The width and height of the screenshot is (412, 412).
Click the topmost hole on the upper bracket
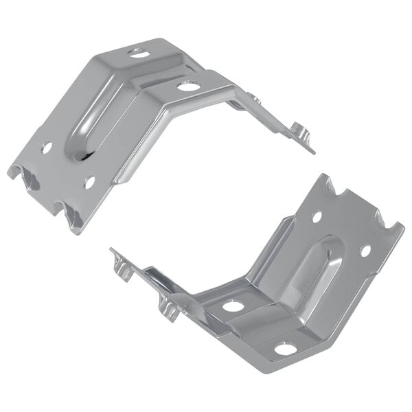(137, 51)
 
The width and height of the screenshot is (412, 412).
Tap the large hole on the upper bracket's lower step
(187, 86)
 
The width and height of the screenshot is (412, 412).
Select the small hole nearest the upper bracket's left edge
(47, 147)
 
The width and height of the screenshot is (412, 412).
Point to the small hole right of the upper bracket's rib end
(89, 182)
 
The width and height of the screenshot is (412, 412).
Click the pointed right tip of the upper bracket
(313, 151)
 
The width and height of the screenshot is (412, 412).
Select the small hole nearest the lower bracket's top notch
(317, 217)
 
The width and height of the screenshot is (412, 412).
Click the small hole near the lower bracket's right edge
(365, 251)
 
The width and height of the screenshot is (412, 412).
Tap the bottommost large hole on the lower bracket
(286, 349)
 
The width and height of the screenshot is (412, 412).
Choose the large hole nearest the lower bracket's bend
(233, 306)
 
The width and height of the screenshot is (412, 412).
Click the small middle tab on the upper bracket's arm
(254, 100)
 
